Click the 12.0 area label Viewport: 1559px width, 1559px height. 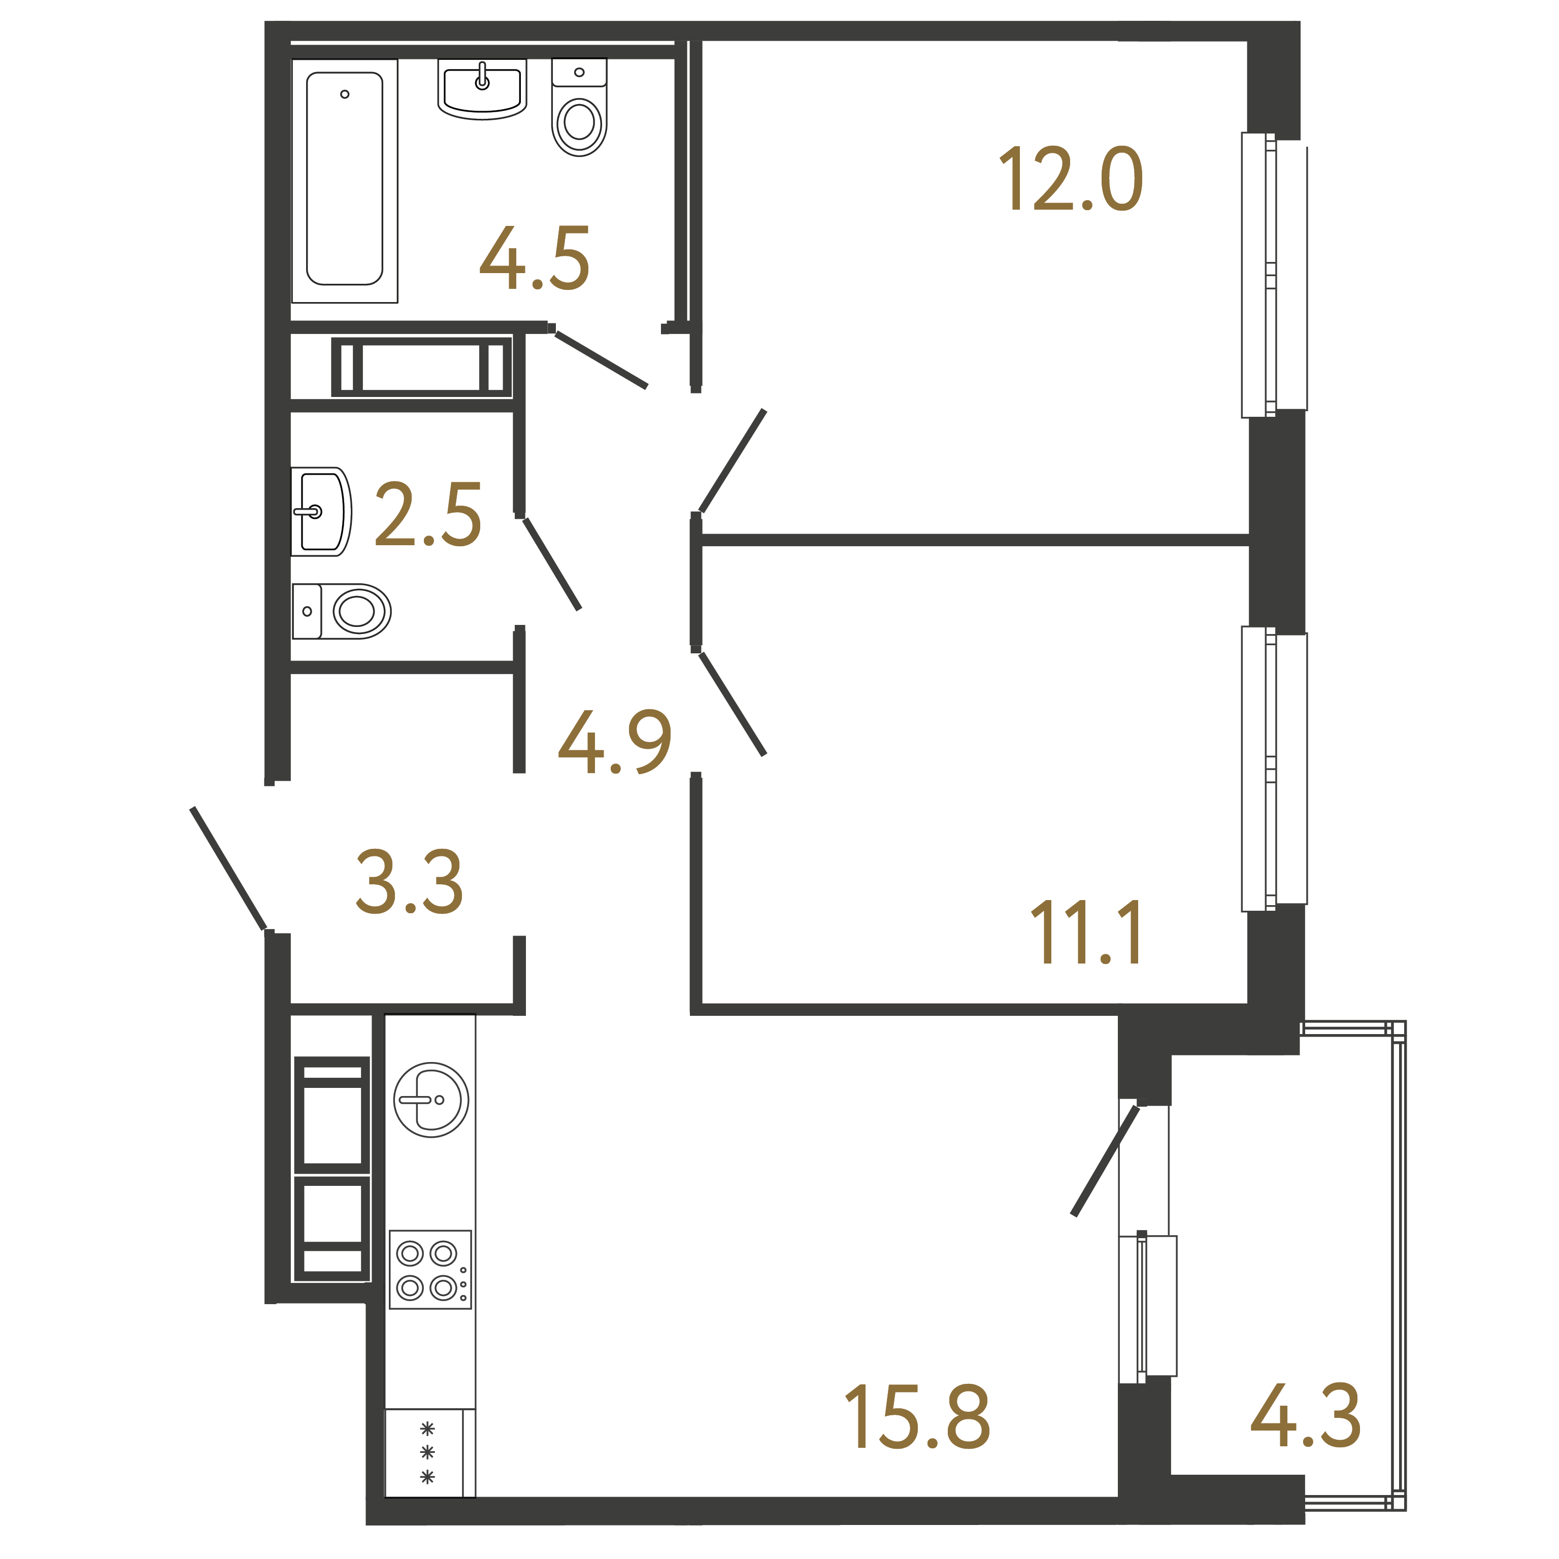coord(1071,179)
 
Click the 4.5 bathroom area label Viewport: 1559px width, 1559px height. coord(535,258)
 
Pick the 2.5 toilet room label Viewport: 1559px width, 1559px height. coord(428,514)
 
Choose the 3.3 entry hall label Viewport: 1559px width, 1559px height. coord(410,881)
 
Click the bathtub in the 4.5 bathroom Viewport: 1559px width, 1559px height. coord(345,181)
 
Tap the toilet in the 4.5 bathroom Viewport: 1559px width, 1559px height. coord(579,107)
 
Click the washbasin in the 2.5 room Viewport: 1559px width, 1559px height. coord(321,512)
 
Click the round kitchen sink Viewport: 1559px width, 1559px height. coord(431,1100)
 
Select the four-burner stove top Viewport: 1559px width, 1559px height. coord(430,1269)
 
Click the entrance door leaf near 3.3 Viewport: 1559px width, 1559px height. coord(228,868)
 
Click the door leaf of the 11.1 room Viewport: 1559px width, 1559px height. coord(732,704)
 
